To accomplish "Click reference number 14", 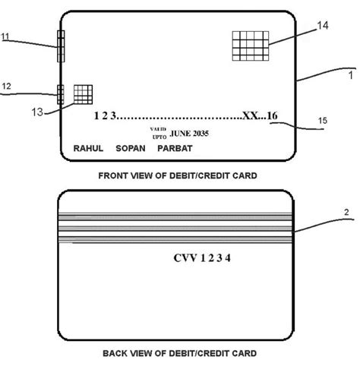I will (x=322, y=26).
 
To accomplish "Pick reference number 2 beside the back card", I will (x=346, y=213).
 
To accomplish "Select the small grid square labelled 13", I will (x=83, y=93).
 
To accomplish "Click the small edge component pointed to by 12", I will (x=60, y=93).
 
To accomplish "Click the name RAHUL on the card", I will (x=87, y=148).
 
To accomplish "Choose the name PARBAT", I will (x=175, y=148).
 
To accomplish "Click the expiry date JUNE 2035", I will (x=190, y=133).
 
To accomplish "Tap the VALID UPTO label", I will (x=158, y=133).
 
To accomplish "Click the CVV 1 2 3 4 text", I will (x=201, y=258).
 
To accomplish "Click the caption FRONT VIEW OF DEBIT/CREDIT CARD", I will (x=177, y=175).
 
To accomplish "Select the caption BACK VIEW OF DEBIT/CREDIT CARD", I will (x=178, y=353).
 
